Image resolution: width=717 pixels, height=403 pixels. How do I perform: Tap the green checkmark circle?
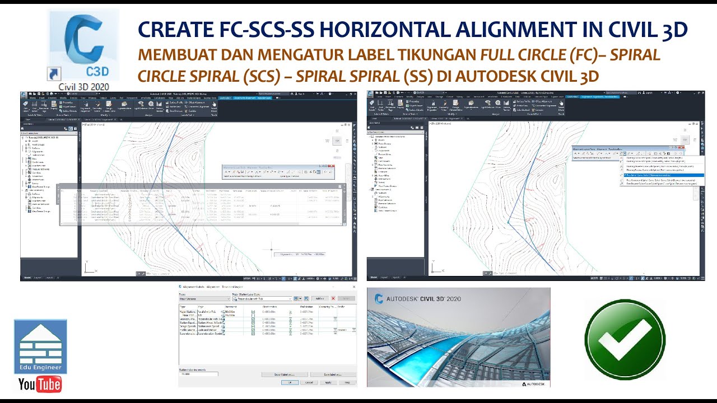click(625, 339)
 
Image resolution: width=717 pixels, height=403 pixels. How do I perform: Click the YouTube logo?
click(40, 384)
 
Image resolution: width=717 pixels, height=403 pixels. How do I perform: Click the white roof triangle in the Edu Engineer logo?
click(40, 332)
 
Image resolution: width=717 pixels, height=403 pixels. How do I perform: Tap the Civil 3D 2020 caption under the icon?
click(84, 87)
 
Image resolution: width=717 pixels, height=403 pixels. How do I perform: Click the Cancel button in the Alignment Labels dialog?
click(309, 382)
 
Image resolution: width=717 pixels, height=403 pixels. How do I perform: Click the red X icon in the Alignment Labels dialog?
click(333, 299)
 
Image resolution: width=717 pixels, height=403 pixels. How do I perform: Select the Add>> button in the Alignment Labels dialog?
click(320, 299)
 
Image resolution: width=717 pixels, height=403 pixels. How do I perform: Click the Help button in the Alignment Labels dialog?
click(347, 382)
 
